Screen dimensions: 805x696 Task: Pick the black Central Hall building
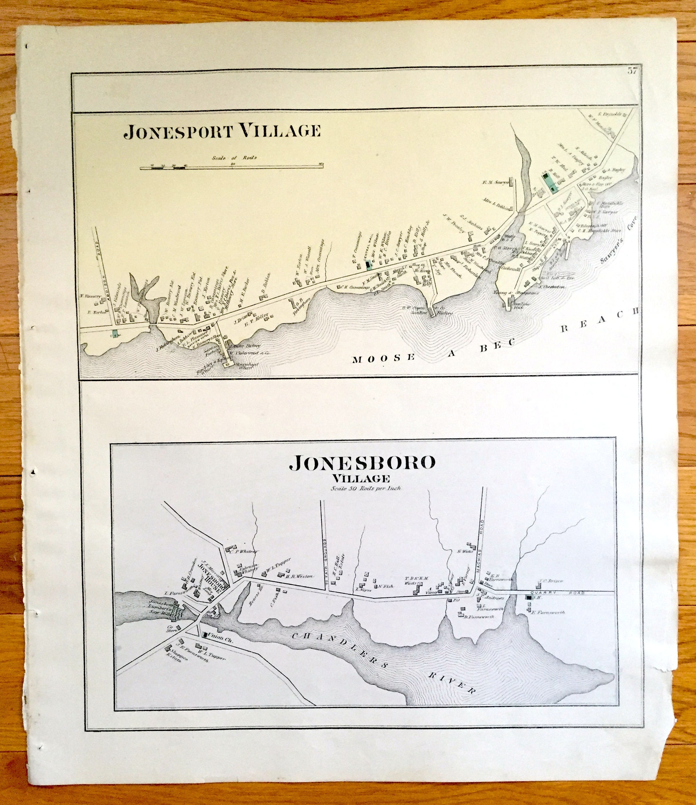(x=368, y=265)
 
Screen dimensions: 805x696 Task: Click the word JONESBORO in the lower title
(x=361, y=463)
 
